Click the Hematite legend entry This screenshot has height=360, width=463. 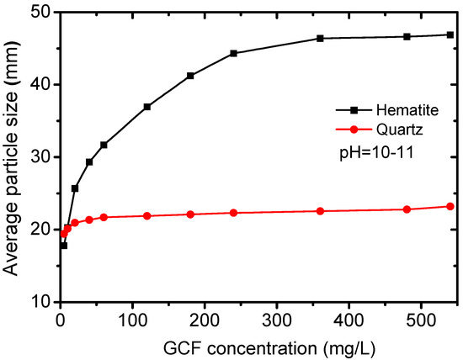tap(387, 110)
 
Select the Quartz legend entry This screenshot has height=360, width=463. tap(380, 130)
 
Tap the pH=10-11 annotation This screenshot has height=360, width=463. tap(376, 153)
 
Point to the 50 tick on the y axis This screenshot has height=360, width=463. tap(41, 13)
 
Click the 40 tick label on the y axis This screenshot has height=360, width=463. tap(41, 85)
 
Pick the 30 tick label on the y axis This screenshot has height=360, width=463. tap(41, 157)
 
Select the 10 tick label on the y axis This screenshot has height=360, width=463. tap(41, 302)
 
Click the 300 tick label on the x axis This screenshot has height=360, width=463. tap(277, 320)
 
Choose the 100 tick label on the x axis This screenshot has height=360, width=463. tap(132, 320)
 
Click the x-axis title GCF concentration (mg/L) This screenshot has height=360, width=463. tap(269, 348)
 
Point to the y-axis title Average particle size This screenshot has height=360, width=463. tap(10, 159)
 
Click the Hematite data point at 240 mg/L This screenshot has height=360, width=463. tap(233, 53)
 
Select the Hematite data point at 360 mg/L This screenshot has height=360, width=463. tap(320, 39)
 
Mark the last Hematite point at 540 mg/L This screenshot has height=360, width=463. tap(450, 34)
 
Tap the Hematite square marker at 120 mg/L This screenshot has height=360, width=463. tap(147, 107)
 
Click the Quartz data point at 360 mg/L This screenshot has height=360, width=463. tap(320, 211)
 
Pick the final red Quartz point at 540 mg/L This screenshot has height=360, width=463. tap(450, 207)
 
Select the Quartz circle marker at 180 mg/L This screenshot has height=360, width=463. tap(190, 214)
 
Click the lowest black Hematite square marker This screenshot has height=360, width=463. tap(64, 246)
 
